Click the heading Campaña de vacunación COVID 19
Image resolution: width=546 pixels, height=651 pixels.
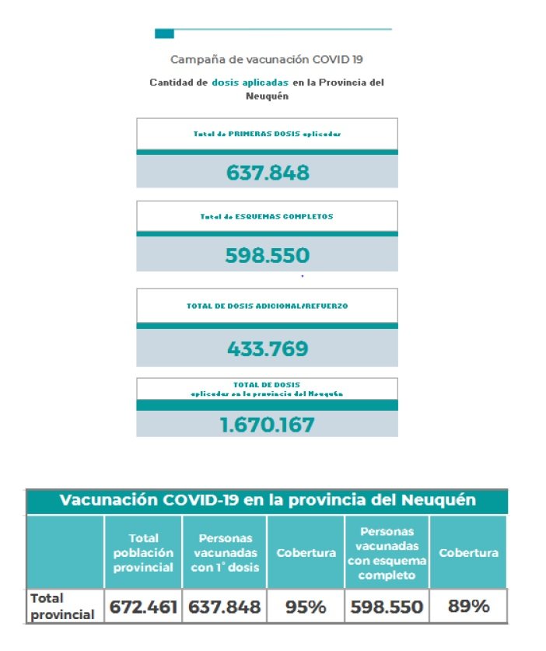[x=266, y=59]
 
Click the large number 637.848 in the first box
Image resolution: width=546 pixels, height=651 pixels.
[x=268, y=172]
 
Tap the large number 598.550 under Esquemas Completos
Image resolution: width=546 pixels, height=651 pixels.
[x=268, y=255]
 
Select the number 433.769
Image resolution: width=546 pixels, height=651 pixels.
[x=268, y=349]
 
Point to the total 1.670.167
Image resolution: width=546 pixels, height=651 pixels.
[x=268, y=425]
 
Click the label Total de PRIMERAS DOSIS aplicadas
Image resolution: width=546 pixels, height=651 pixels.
[x=268, y=134]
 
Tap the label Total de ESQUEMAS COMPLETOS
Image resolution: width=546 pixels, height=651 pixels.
[x=268, y=216]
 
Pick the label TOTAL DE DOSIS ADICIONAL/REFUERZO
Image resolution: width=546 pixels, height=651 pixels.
[x=268, y=306]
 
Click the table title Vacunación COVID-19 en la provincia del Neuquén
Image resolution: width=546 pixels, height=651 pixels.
[x=268, y=500]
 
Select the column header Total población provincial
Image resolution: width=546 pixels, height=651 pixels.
[x=143, y=552]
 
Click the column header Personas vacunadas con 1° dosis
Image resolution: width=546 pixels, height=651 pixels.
[x=225, y=552]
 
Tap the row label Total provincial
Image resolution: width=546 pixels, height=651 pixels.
[x=62, y=607]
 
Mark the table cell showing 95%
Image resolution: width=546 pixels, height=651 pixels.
[x=306, y=607]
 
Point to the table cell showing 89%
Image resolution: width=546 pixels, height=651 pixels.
[x=468, y=607]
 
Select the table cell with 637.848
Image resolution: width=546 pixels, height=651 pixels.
[x=225, y=607]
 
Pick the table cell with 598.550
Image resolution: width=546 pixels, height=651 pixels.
[x=387, y=607]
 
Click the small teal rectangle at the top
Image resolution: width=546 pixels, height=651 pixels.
[x=164, y=33]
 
